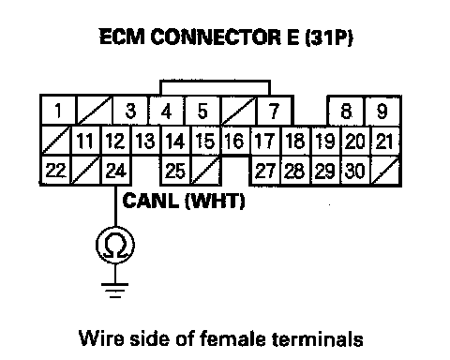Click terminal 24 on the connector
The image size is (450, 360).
[x=116, y=171]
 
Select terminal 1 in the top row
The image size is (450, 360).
[x=58, y=111]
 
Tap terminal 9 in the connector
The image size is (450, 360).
[x=382, y=112]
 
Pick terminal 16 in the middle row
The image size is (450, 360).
[x=235, y=141]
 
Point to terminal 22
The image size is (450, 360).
[x=55, y=171]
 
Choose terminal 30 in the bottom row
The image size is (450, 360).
[x=355, y=171]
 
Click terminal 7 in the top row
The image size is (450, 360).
[x=274, y=111]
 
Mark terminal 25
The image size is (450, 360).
[x=175, y=171]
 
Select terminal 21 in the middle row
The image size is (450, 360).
[x=385, y=141]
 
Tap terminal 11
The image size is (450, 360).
[x=85, y=141]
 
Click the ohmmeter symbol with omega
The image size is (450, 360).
[x=115, y=245]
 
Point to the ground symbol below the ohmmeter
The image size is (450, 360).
[x=114, y=291]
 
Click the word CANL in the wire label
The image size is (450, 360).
[x=151, y=201]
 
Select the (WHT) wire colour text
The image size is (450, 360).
[x=215, y=201]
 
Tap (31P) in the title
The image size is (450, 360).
[x=329, y=37]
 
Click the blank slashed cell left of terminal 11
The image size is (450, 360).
[x=56, y=141]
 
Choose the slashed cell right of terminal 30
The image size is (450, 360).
[x=385, y=171]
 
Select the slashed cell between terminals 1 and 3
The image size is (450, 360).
[x=95, y=111]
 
